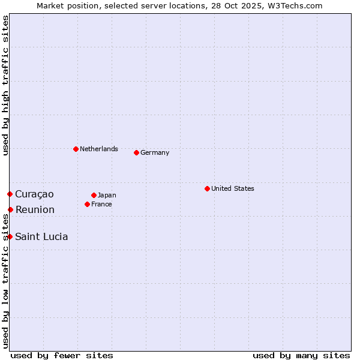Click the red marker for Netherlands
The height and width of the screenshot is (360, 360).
click(x=76, y=149)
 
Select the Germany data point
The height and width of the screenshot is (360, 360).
click(x=136, y=152)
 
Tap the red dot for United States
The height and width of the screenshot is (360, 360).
click(x=207, y=188)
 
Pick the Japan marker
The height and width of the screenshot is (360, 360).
click(x=94, y=195)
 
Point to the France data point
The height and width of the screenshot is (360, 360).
click(x=87, y=204)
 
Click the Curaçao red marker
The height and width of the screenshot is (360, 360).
click(x=10, y=194)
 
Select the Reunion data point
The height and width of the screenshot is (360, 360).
click(x=10, y=209)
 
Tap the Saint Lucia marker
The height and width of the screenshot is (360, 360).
click(x=10, y=236)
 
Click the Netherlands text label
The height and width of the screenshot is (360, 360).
click(x=99, y=149)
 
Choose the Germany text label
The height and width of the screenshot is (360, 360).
click(x=155, y=152)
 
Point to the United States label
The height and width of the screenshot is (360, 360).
click(x=233, y=188)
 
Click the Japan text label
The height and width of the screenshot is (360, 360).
click(x=107, y=195)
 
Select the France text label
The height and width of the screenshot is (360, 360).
click(x=101, y=204)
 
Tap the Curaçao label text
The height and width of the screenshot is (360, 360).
click(x=34, y=194)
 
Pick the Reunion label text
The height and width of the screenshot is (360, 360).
click(x=35, y=209)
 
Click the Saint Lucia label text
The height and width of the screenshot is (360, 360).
click(x=41, y=236)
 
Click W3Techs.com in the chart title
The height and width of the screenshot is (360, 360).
click(x=296, y=6)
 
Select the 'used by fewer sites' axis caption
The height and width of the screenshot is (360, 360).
click(x=62, y=355)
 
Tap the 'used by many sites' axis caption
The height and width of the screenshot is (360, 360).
click(x=301, y=355)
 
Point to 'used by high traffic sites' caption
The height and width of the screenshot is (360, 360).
click(x=5, y=86)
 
